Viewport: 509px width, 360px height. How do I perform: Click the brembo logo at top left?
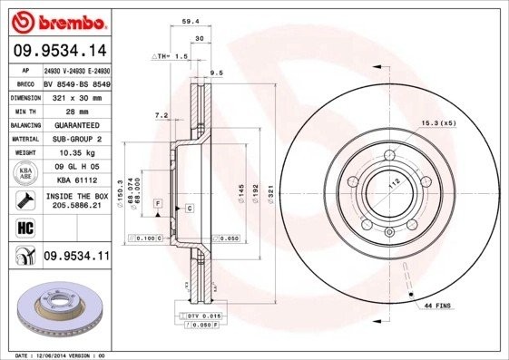pos(57,21)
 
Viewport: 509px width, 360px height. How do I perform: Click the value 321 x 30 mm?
pos(74,94)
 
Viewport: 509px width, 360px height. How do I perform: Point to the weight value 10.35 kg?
pos(75,152)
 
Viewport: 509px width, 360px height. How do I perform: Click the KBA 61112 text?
pos(75,180)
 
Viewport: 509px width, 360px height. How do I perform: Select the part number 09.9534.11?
pos(76,257)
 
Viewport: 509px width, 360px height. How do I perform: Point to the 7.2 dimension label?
pos(162,115)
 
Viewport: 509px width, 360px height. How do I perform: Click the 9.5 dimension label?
pos(216,72)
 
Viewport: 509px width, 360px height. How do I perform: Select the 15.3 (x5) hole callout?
pos(437,122)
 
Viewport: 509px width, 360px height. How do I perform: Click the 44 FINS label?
pos(439,307)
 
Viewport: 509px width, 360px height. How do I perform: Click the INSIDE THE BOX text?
pos(77,196)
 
